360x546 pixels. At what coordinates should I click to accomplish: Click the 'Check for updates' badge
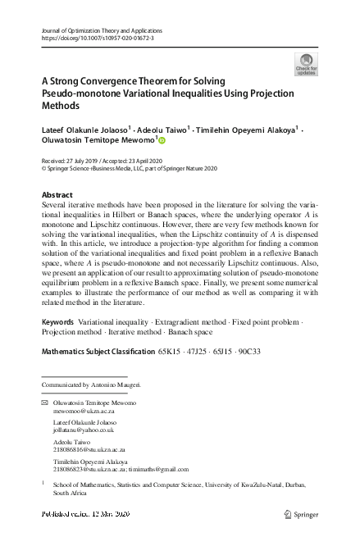[306, 63]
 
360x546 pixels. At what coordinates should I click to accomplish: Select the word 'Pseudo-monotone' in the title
[79, 94]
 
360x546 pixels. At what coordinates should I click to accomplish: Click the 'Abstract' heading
[57, 194]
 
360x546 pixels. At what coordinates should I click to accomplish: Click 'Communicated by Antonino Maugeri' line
[91, 384]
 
